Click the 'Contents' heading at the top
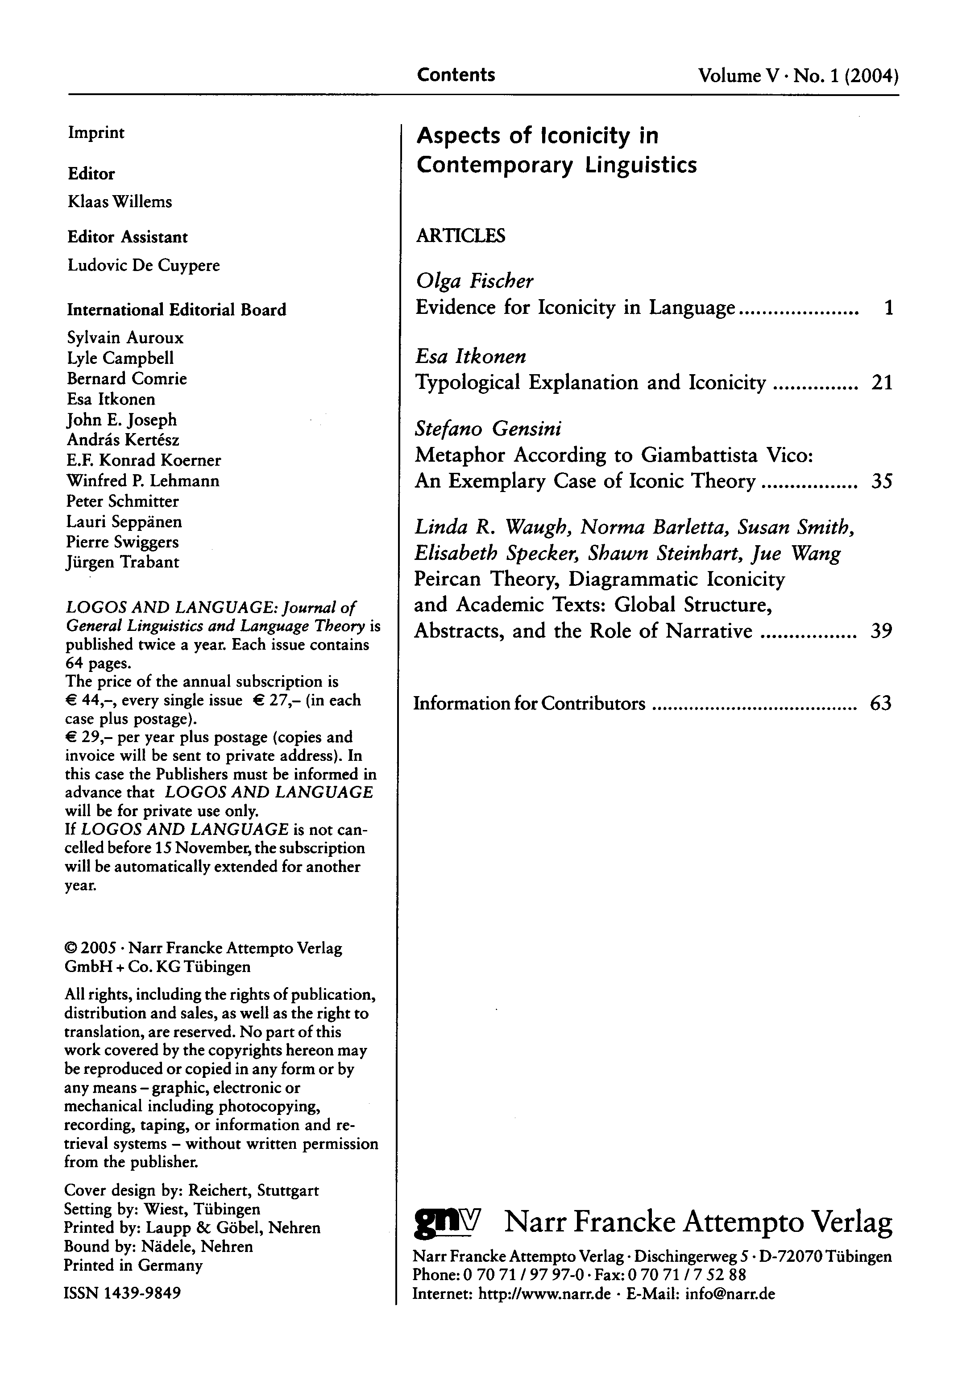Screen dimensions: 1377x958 coord(456,75)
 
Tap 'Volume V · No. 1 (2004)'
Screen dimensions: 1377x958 coord(798,76)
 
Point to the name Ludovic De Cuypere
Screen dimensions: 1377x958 coord(143,265)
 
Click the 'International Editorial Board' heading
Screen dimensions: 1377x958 coord(176,309)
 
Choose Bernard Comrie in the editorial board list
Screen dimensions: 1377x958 coord(126,379)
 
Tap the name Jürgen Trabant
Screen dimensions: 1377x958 coord(122,562)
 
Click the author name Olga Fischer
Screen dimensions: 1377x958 coord(474,281)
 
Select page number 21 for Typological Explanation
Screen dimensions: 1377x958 coord(882,383)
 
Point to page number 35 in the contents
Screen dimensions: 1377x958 coord(882,482)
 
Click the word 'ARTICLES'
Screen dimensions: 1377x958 coord(460,235)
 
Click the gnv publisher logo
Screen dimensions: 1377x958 coord(447,1219)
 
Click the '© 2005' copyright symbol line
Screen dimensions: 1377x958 coord(203,948)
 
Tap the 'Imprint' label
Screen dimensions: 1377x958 coord(96,133)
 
